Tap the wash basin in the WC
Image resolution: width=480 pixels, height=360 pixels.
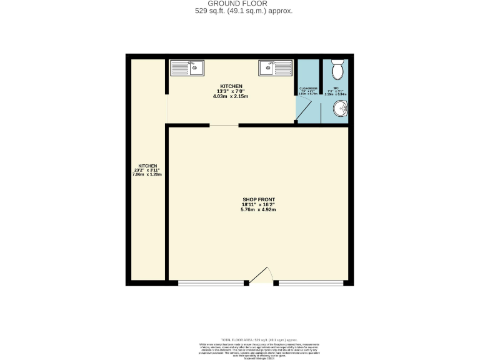(341, 111)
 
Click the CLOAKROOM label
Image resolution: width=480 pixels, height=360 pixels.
(308, 89)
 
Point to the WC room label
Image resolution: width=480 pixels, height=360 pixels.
(336, 89)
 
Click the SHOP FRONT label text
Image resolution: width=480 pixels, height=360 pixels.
(258, 199)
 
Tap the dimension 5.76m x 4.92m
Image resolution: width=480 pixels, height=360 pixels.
(258, 209)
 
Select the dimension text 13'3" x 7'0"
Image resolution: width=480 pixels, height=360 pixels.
(231, 91)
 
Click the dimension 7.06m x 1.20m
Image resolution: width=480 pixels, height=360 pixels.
(147, 174)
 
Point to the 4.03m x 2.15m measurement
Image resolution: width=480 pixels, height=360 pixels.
(231, 97)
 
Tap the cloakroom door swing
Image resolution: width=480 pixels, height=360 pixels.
(304, 112)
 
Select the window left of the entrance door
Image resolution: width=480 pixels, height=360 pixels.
(211, 283)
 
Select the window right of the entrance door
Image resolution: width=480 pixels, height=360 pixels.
(311, 283)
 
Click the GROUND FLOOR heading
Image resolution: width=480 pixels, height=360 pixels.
(241, 4)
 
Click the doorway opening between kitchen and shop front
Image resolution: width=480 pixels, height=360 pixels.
(223, 126)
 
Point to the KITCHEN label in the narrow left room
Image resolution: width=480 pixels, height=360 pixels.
(147, 165)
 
